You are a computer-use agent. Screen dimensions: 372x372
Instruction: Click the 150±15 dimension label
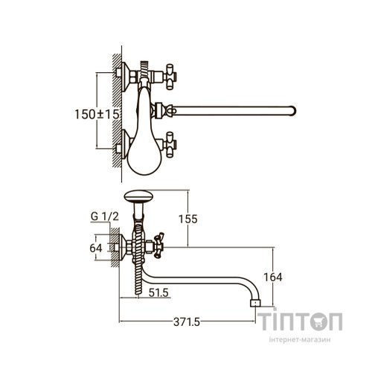point(97,115)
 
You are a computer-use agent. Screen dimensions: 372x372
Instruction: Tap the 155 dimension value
point(188,219)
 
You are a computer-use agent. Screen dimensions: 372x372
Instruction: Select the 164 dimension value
point(273,277)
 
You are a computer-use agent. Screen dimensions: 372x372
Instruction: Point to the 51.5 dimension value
point(158,293)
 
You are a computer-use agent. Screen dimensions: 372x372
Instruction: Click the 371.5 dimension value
point(187,322)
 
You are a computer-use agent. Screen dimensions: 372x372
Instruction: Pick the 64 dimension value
point(96,248)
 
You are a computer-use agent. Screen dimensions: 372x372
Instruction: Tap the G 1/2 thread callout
point(105,217)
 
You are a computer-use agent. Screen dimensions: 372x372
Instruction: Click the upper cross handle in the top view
point(170,77)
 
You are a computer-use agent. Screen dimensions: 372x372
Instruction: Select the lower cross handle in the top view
point(170,145)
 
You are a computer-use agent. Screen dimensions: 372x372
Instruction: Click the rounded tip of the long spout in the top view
point(294,111)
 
